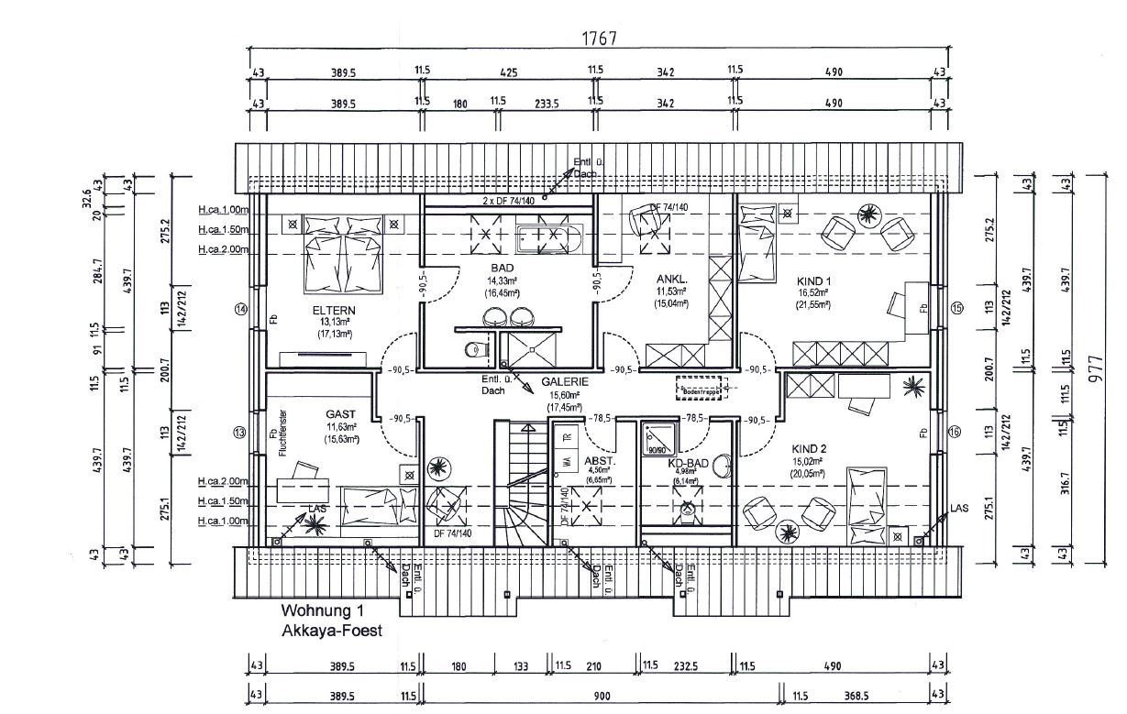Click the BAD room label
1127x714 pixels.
(x=503, y=269)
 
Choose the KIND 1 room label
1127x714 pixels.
(x=813, y=280)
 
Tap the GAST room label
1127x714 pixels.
(x=340, y=414)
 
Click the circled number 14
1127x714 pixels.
(x=241, y=310)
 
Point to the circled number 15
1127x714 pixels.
(x=956, y=309)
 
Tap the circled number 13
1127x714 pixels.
(x=241, y=432)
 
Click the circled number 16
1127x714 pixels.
(x=956, y=432)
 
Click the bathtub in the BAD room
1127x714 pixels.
(x=548, y=239)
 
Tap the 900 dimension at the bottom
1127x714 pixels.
(x=601, y=697)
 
